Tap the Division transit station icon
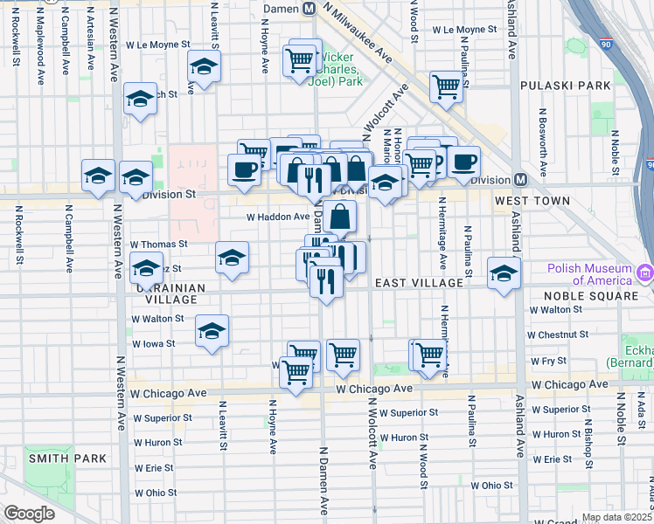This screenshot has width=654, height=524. point(520,179)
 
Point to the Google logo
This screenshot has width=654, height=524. point(29,514)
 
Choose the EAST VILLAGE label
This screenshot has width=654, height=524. point(419,283)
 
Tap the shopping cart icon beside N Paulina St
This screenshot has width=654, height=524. point(446,87)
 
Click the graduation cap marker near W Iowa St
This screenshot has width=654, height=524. point(212,331)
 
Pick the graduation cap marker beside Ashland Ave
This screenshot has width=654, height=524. point(504,273)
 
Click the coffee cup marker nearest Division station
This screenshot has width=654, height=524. point(464,161)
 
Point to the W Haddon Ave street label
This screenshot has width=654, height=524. point(278,217)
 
